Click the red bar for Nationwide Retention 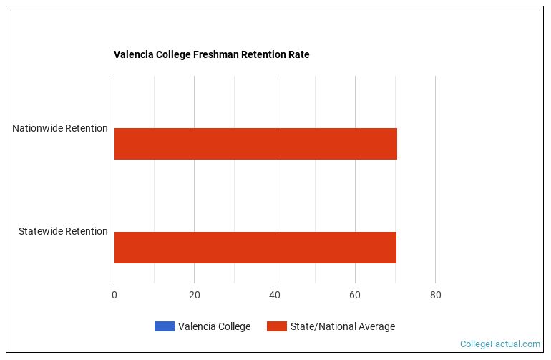pyautogui.click(x=255, y=144)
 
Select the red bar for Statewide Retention pyautogui.click(x=255, y=247)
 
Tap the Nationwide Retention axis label pyautogui.click(x=60, y=129)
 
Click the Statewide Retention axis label pyautogui.click(x=63, y=231)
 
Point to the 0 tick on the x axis pyautogui.click(x=114, y=294)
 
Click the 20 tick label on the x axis pyautogui.click(x=195, y=294)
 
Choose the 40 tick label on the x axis pyautogui.click(x=275, y=294)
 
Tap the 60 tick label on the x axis pyautogui.click(x=355, y=294)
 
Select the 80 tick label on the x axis pyautogui.click(x=435, y=294)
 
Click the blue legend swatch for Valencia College pyautogui.click(x=164, y=326)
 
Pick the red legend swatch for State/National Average pyautogui.click(x=277, y=326)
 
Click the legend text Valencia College pyautogui.click(x=214, y=326)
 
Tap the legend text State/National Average pyautogui.click(x=342, y=326)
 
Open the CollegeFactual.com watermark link pyautogui.click(x=499, y=344)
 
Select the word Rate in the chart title pyautogui.click(x=298, y=54)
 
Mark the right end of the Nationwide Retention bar pyautogui.click(x=396, y=144)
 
